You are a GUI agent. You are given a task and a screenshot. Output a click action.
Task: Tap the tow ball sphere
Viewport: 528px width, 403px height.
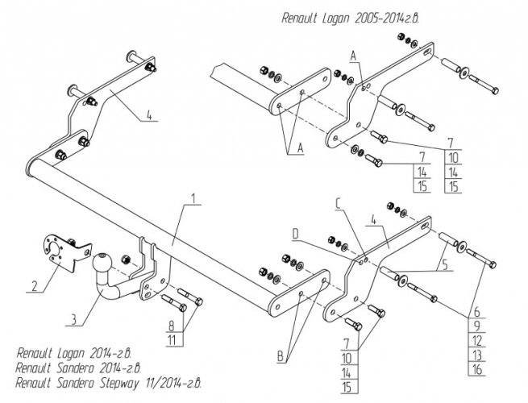(104, 263)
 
